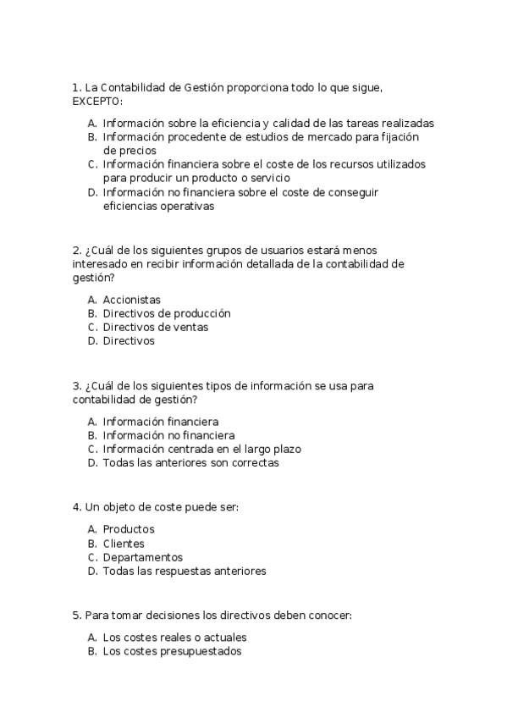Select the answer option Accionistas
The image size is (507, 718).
point(131,300)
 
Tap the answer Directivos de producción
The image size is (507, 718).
point(166,313)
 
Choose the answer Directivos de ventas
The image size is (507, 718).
point(155,327)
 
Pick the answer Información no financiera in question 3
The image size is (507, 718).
point(168,435)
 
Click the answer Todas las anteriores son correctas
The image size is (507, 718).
point(190,463)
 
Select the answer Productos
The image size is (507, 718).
point(129,530)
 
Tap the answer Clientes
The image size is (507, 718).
point(124,544)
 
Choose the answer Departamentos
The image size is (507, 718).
point(142,557)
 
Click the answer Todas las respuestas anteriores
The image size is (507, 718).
point(184,572)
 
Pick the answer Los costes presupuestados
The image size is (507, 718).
point(172,652)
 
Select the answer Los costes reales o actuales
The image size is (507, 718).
point(174,638)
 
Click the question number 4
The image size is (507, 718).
point(77,508)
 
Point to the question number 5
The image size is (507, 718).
point(77,616)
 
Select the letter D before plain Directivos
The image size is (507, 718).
point(91,341)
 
